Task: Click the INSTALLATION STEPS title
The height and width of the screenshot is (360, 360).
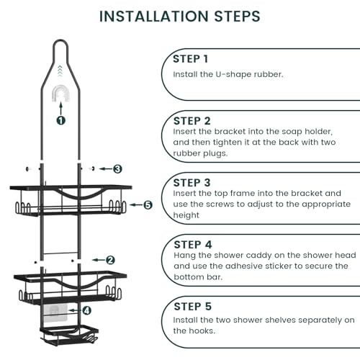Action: click(180, 17)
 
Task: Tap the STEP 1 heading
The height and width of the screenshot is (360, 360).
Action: click(190, 59)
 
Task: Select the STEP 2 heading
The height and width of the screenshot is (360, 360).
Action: click(192, 121)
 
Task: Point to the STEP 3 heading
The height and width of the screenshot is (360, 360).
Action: click(192, 183)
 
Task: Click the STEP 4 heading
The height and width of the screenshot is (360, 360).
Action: click(193, 245)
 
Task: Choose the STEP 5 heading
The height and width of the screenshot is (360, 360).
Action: click(192, 307)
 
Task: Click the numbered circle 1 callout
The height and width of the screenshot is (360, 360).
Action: click(61, 120)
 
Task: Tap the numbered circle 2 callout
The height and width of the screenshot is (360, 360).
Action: click(110, 260)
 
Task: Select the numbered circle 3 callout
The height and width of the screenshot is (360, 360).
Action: click(117, 169)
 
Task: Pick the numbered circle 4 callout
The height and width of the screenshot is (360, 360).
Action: click(86, 310)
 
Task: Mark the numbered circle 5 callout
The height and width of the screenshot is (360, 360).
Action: click(148, 204)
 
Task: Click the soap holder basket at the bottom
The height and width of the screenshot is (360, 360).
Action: click(69, 335)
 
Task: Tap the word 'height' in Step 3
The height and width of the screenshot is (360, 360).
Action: click(186, 215)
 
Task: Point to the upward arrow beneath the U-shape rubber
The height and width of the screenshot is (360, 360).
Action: click(61, 108)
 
